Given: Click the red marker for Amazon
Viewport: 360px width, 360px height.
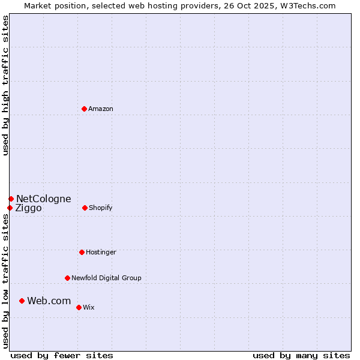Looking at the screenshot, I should (85, 109).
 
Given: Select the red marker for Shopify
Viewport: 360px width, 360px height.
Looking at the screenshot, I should (85, 208).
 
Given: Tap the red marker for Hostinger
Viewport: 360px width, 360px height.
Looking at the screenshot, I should (82, 252).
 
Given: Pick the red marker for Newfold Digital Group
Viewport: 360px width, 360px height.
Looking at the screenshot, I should (67, 278).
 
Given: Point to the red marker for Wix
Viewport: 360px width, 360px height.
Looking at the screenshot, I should (79, 307).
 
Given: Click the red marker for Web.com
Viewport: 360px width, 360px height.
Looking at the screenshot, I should (22, 301).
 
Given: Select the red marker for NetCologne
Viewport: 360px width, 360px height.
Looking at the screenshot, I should (11, 199).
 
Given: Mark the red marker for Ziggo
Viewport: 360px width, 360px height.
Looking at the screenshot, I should (10, 208).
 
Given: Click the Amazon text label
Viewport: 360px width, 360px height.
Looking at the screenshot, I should (101, 109).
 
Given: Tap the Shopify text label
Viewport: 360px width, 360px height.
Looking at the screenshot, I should (101, 208).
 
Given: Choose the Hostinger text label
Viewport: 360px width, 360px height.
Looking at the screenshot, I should (101, 252).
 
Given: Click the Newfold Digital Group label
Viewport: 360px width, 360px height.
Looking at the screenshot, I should (106, 278).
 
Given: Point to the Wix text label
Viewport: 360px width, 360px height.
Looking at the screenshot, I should (89, 307).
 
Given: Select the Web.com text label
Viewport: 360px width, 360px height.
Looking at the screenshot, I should (49, 301).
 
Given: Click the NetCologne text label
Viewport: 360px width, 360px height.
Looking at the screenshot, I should (44, 199).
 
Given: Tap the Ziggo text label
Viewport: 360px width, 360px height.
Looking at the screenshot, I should (29, 208).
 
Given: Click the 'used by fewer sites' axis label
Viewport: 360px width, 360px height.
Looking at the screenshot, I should (62, 355).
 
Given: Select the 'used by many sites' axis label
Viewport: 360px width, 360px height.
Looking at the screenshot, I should (301, 355).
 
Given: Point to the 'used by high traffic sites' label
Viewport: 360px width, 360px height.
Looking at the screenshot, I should (6, 85).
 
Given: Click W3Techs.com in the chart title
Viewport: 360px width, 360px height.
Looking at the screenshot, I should (307, 5).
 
